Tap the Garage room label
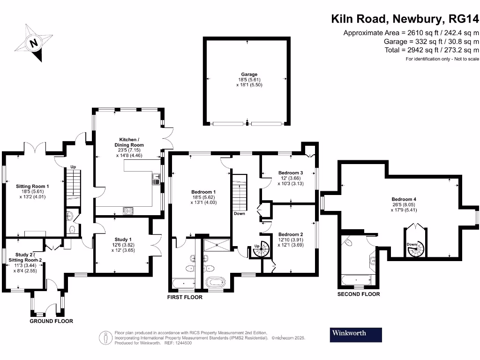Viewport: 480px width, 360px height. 249,74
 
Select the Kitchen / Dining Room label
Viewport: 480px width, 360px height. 128,142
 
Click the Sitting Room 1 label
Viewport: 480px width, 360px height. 32,186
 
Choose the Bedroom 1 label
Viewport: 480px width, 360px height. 203,192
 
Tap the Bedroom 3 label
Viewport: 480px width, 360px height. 290,172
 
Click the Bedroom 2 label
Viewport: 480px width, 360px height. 290,234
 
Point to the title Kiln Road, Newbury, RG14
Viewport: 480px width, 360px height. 405,19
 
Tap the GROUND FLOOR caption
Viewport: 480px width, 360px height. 51,321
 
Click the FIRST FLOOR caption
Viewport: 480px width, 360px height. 185,297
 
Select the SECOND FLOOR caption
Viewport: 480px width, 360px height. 358,294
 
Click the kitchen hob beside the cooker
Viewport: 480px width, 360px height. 128,210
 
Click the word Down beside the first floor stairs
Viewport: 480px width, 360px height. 239,214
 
